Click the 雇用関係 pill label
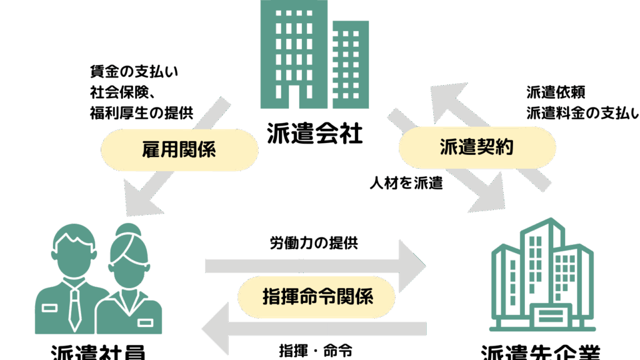[179, 149]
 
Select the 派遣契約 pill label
[477, 147]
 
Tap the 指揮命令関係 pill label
[317, 296]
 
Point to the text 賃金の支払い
[134, 71]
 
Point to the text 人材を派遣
[406, 183]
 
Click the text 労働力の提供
[314, 243]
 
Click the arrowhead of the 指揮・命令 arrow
[216, 327]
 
